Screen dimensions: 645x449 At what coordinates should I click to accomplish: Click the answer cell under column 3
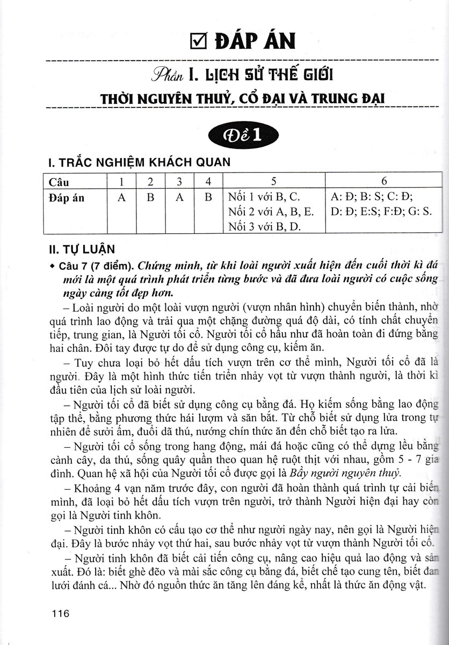[180, 198]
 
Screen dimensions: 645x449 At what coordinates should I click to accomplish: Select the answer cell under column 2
[151, 198]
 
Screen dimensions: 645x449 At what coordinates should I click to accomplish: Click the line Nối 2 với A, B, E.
[270, 212]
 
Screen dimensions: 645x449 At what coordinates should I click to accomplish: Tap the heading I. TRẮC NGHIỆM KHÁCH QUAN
[139, 162]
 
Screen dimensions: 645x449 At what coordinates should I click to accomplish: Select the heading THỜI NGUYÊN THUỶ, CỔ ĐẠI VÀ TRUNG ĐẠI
[245, 99]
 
